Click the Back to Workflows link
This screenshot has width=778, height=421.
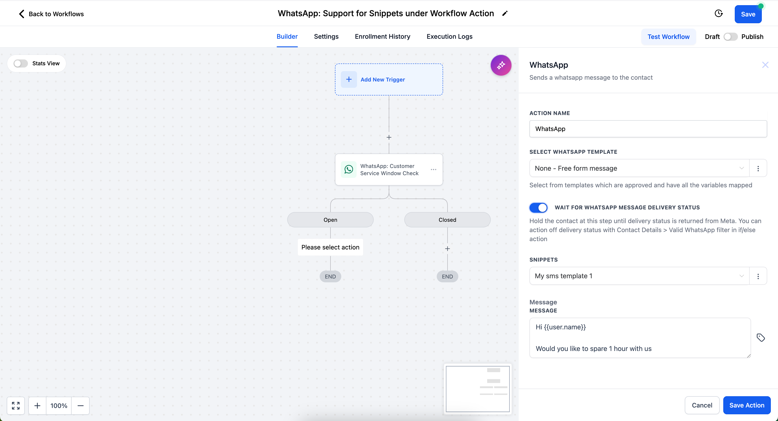[51, 14]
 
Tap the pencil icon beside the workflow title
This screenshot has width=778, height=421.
[505, 14]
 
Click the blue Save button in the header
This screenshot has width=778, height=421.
[748, 14]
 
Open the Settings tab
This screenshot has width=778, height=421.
[326, 36]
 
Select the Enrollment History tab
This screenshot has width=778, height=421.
[382, 36]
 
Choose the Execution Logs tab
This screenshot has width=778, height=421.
[449, 36]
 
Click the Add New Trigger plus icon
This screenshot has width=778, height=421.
[349, 79]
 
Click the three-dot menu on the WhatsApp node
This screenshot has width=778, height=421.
[433, 170]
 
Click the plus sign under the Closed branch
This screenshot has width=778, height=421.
[447, 249]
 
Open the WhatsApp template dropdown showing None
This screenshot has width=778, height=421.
[639, 168]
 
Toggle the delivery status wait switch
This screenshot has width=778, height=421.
[538, 208]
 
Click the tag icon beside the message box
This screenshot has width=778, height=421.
[760, 338]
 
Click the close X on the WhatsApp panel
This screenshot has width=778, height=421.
[765, 65]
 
